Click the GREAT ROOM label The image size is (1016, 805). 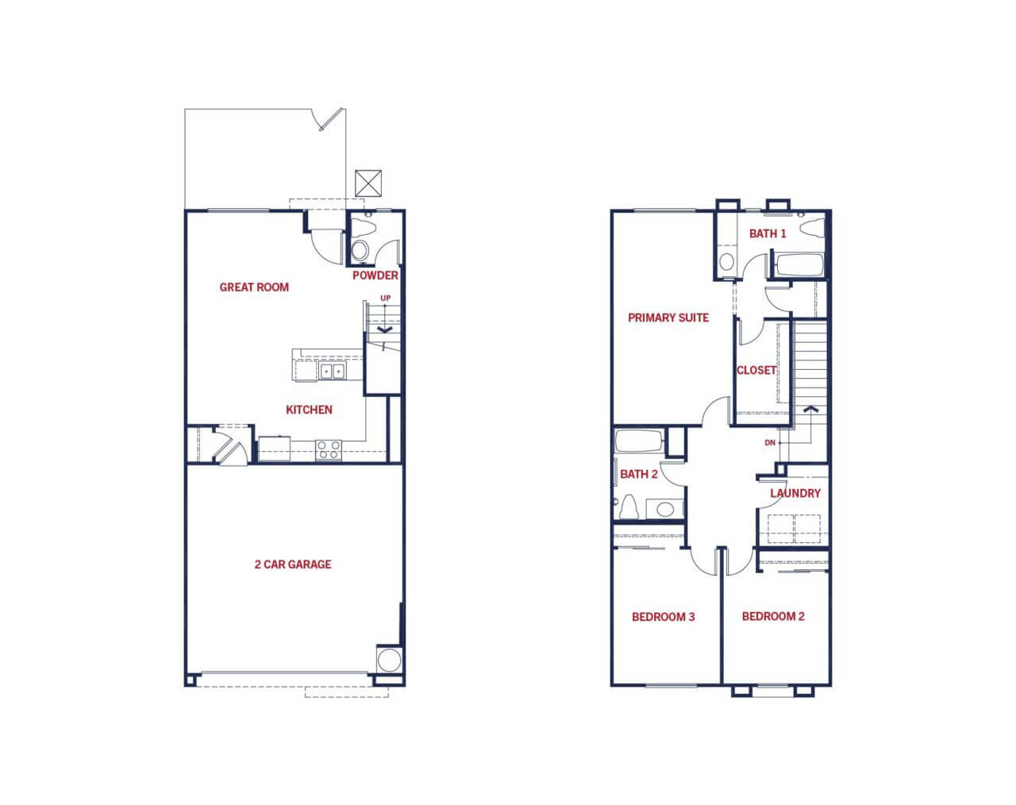[254, 287]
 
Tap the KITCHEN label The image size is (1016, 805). [310, 410]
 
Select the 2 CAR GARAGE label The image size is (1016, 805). [293, 564]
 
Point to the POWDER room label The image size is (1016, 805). [375, 275]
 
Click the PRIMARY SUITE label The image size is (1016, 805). [668, 318]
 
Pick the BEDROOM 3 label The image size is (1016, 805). [664, 617]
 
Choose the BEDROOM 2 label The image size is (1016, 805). [773, 616]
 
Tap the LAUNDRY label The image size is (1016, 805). [795, 493]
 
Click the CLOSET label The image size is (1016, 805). [756, 370]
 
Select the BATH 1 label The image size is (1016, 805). [768, 233]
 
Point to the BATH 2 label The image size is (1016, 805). [639, 474]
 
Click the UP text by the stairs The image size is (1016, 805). [386, 299]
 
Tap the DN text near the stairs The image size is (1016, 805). [770, 443]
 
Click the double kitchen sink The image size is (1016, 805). [332, 371]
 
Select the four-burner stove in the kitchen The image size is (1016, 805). [329, 449]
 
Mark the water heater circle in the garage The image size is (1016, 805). [389, 660]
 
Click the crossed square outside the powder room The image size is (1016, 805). [368, 183]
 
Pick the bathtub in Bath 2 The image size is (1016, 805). [639, 441]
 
